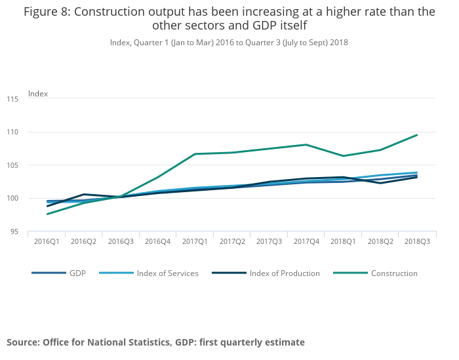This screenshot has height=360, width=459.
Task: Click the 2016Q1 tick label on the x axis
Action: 47,242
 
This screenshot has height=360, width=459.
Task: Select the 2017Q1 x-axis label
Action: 195,242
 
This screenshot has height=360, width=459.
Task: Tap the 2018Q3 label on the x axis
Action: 418,242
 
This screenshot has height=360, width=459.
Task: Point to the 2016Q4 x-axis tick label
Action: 158,242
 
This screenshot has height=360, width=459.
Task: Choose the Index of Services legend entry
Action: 167,273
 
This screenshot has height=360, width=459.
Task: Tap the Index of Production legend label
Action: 285,273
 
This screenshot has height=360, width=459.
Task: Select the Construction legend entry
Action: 394,273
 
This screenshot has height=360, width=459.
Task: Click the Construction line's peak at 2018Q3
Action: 418,135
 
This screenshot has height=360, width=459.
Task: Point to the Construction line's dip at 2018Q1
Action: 344,156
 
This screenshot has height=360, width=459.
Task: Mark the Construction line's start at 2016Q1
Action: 47,214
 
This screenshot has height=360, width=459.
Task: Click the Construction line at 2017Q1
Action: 195,154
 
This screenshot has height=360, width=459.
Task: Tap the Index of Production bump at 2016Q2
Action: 84,194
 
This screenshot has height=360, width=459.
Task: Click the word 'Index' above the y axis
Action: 38,94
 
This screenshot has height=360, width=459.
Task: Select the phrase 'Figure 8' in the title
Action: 47,12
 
